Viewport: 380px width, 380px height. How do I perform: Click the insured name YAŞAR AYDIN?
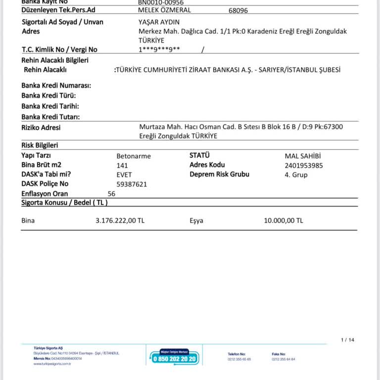click(159, 22)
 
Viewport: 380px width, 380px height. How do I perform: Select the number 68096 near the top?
click(238, 10)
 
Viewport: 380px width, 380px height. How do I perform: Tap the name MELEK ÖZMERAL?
click(164, 10)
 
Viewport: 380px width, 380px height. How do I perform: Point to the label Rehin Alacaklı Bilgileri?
click(55, 60)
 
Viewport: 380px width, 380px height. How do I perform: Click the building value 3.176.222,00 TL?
click(120, 221)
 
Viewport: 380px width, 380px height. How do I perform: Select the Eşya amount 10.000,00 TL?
click(284, 221)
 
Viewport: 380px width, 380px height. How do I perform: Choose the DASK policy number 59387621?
click(132, 184)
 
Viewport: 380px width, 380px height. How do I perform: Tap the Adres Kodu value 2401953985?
click(303, 165)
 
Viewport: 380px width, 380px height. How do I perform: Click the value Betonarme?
click(133, 156)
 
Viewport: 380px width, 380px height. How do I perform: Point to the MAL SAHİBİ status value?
click(303, 156)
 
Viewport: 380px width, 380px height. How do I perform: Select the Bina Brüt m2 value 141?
click(122, 165)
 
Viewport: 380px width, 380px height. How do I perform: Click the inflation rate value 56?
click(111, 193)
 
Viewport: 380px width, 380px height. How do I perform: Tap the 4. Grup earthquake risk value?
click(296, 175)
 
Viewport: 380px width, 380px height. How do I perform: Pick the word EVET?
click(124, 175)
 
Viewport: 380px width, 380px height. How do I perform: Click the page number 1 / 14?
click(348, 340)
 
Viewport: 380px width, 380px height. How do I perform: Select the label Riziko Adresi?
click(41, 128)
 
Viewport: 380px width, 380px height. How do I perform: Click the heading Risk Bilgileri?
click(40, 145)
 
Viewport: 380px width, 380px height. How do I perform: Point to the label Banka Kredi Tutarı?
click(50, 117)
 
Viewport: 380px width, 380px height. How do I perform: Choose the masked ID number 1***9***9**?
click(159, 49)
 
